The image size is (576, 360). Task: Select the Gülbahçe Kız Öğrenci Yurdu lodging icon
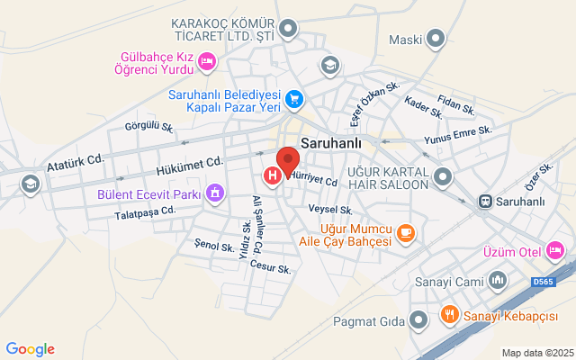pos(207,61)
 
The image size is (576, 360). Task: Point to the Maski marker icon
pos(436,39)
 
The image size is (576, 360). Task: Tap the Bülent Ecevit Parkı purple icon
pos(215,193)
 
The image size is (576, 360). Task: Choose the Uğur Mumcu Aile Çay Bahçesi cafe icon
pos(406,233)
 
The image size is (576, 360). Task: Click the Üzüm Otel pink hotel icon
pos(555,249)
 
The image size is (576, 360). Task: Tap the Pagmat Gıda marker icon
pos(418,319)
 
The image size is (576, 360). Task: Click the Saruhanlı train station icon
pos(485,201)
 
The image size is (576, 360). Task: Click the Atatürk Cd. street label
pos(76,166)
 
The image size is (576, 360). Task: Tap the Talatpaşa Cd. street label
pos(144,212)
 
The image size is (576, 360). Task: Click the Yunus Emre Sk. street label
pos(458,136)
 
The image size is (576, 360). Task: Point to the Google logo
pos(30,349)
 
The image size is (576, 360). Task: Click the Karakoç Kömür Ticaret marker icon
pos(288,30)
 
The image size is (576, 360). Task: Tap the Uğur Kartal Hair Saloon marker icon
pos(442,175)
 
